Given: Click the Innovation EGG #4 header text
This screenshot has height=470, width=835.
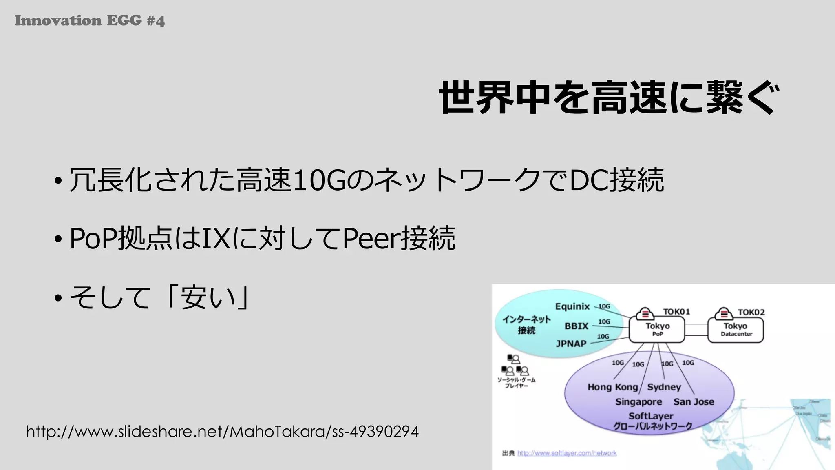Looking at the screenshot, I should click(90, 20).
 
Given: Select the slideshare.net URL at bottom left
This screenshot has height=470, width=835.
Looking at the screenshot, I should click(222, 431).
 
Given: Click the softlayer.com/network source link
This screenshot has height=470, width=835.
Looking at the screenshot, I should click(567, 453).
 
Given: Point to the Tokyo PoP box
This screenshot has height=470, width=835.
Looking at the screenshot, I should click(657, 329).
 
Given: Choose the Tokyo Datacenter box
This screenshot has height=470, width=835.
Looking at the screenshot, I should click(736, 329).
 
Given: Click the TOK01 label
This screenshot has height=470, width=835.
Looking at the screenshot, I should click(676, 312).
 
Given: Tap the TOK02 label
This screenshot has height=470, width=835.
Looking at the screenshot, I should click(751, 312).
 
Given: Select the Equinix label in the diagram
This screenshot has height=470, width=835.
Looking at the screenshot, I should click(572, 306).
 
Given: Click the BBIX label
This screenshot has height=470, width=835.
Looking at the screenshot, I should click(576, 326).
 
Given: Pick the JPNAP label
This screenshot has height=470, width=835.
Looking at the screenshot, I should click(571, 344).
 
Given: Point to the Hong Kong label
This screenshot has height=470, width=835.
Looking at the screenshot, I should click(612, 387).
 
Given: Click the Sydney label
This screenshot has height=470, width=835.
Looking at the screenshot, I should click(664, 387).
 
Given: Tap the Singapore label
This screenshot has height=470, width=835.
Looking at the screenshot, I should click(638, 402).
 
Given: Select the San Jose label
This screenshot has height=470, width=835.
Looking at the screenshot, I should click(694, 402).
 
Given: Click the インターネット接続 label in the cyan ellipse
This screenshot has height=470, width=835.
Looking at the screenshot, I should click(526, 324).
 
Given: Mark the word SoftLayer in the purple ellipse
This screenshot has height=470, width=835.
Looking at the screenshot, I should click(651, 416).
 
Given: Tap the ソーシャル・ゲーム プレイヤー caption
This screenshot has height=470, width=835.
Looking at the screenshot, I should click(516, 383).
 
